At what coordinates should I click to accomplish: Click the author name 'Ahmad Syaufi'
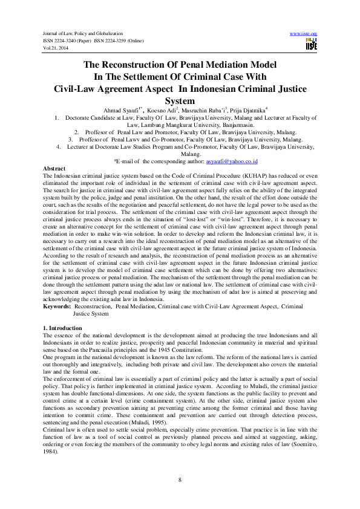pyautogui.click(x=139, y=112)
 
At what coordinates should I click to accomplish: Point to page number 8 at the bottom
pyautogui.click(x=180, y=479)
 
